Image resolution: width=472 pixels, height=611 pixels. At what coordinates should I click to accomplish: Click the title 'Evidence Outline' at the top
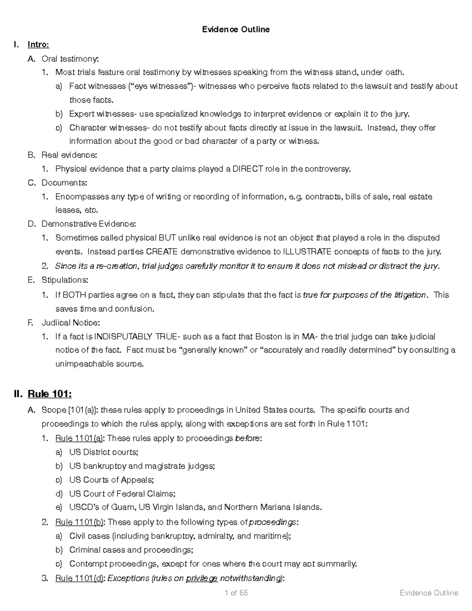236,30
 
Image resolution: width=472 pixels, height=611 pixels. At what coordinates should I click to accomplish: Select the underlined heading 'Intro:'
38,44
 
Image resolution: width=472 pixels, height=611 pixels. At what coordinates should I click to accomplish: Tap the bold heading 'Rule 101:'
50,394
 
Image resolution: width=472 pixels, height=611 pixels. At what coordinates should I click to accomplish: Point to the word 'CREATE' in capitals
162,251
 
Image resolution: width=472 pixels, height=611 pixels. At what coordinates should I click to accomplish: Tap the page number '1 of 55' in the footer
236,593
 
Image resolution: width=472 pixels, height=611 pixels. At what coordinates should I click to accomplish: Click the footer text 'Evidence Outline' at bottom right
429,593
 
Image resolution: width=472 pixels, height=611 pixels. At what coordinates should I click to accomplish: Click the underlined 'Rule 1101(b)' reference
80,522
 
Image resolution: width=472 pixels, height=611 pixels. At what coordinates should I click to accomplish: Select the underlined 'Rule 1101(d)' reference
80,578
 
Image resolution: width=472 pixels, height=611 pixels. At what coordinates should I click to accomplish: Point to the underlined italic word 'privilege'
202,578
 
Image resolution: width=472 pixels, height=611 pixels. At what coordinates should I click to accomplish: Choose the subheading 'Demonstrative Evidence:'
89,224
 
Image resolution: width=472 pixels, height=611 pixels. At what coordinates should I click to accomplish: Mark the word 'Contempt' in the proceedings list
88,564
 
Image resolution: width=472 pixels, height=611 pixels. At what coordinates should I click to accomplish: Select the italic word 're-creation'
117,266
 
